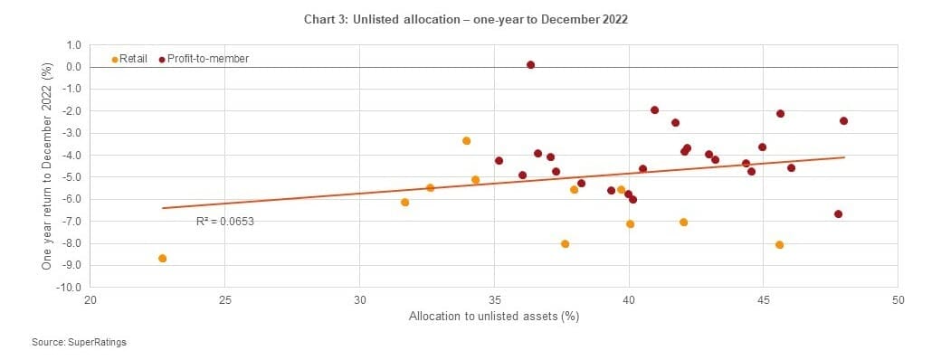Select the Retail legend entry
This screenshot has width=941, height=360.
pyautogui.click(x=131, y=59)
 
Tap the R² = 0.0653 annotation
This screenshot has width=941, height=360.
pyautogui.click(x=225, y=221)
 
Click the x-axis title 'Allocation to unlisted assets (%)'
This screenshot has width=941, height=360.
pyautogui.click(x=493, y=317)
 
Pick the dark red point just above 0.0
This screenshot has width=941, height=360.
pyautogui.click(x=530, y=65)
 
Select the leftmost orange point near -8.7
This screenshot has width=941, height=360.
pyautogui.click(x=162, y=258)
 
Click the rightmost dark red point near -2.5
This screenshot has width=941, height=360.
pyautogui.click(x=843, y=121)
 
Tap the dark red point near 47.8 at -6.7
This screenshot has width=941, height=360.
pyautogui.click(x=838, y=214)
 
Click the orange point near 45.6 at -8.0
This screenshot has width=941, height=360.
pyautogui.click(x=779, y=244)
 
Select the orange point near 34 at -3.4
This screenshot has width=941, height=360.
pyautogui.click(x=466, y=141)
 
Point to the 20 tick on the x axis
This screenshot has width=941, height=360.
pyautogui.click(x=90, y=299)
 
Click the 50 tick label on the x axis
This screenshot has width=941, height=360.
pyautogui.click(x=898, y=299)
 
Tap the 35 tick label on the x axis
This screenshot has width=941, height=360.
pyautogui.click(x=494, y=299)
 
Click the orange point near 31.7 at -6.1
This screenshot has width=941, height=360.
pyautogui.click(x=404, y=202)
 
